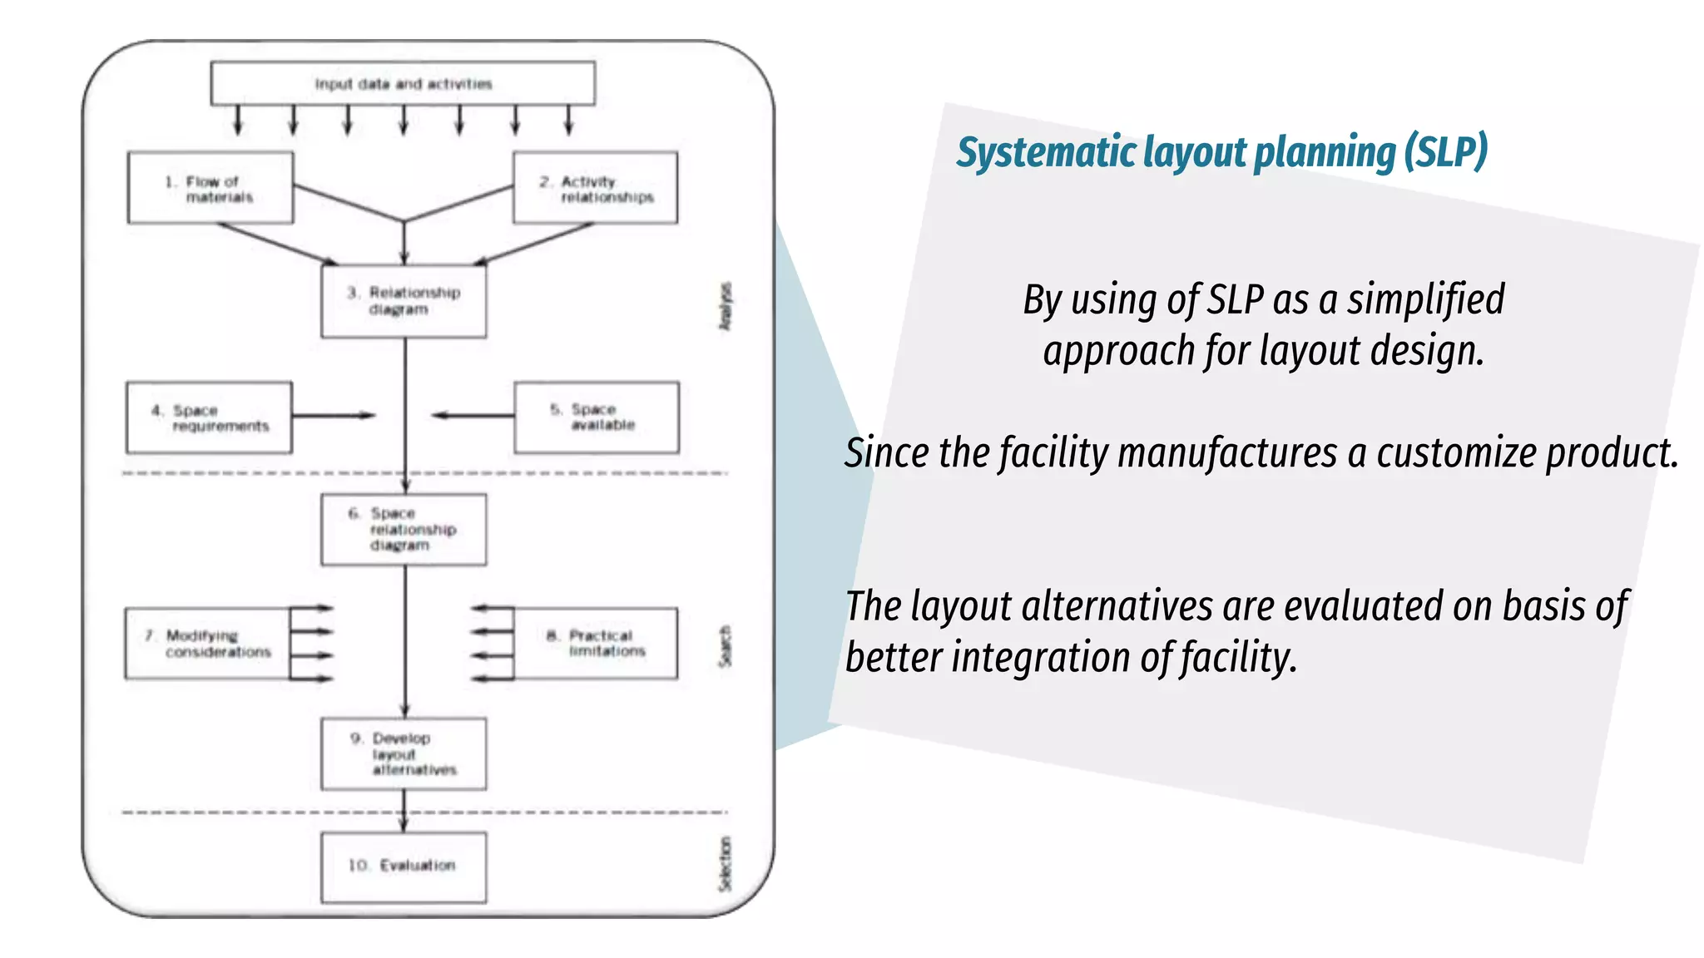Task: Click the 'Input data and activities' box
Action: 403,84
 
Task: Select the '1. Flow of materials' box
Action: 211,188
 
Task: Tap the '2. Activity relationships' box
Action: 595,188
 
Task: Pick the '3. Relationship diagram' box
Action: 404,301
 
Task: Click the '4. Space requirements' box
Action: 209,417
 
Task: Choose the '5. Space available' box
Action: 596,417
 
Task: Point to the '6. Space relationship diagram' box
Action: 404,530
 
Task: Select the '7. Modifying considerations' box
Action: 208,644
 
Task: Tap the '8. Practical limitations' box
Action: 595,644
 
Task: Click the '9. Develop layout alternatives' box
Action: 404,753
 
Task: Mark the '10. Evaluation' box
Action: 404,867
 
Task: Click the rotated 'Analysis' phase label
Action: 726,306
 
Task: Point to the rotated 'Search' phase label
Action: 726,646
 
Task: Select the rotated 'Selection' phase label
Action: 726,865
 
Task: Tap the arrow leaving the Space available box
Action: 473,415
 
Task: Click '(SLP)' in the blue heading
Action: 1445,152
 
